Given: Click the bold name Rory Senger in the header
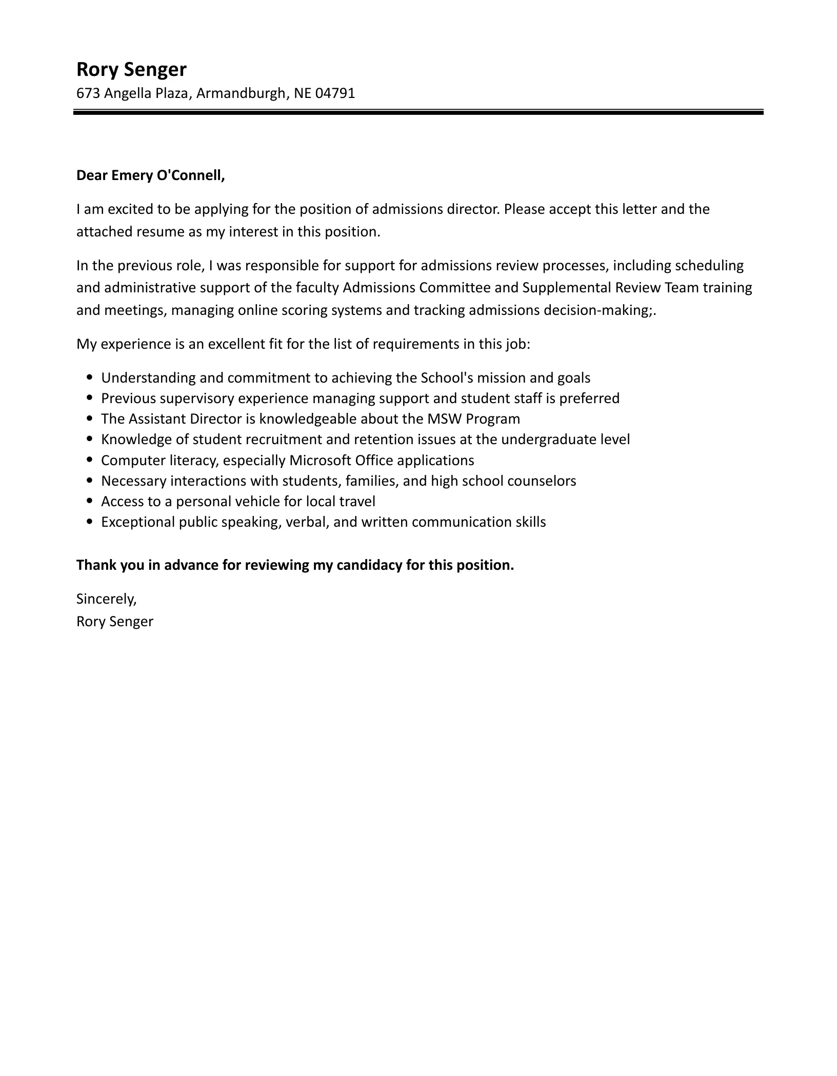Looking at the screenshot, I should tap(131, 69).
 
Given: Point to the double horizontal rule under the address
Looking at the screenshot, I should tap(418, 112).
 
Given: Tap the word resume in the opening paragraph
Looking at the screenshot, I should tap(156, 232).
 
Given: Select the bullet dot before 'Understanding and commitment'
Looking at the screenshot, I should tap(90, 378).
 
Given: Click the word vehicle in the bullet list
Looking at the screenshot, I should tap(254, 502).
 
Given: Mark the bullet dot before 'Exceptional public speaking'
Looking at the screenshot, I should tap(90, 522).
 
